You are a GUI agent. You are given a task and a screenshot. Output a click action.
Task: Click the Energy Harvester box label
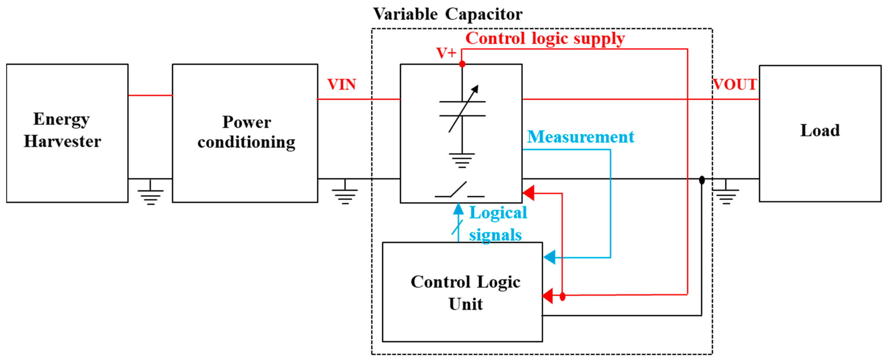point(62,130)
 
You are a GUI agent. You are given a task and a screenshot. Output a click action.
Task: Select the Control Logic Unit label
point(465,293)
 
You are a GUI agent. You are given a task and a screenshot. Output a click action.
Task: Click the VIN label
point(341,85)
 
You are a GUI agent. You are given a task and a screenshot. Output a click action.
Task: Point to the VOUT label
point(734,85)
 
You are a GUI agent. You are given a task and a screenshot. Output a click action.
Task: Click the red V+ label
point(446,53)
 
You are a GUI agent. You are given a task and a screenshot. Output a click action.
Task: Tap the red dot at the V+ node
point(462,64)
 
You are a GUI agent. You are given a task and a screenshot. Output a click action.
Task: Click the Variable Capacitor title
point(447,14)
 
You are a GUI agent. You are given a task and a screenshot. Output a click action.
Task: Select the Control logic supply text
point(545,39)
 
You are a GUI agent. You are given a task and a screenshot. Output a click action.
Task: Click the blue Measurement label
point(580,137)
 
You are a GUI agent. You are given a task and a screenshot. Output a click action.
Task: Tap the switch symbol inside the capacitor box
point(460,190)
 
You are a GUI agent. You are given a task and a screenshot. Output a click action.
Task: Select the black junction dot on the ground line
point(702,180)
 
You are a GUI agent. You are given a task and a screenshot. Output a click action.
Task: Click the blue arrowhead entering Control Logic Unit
point(550,257)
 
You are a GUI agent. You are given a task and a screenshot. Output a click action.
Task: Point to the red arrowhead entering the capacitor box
point(529,193)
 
